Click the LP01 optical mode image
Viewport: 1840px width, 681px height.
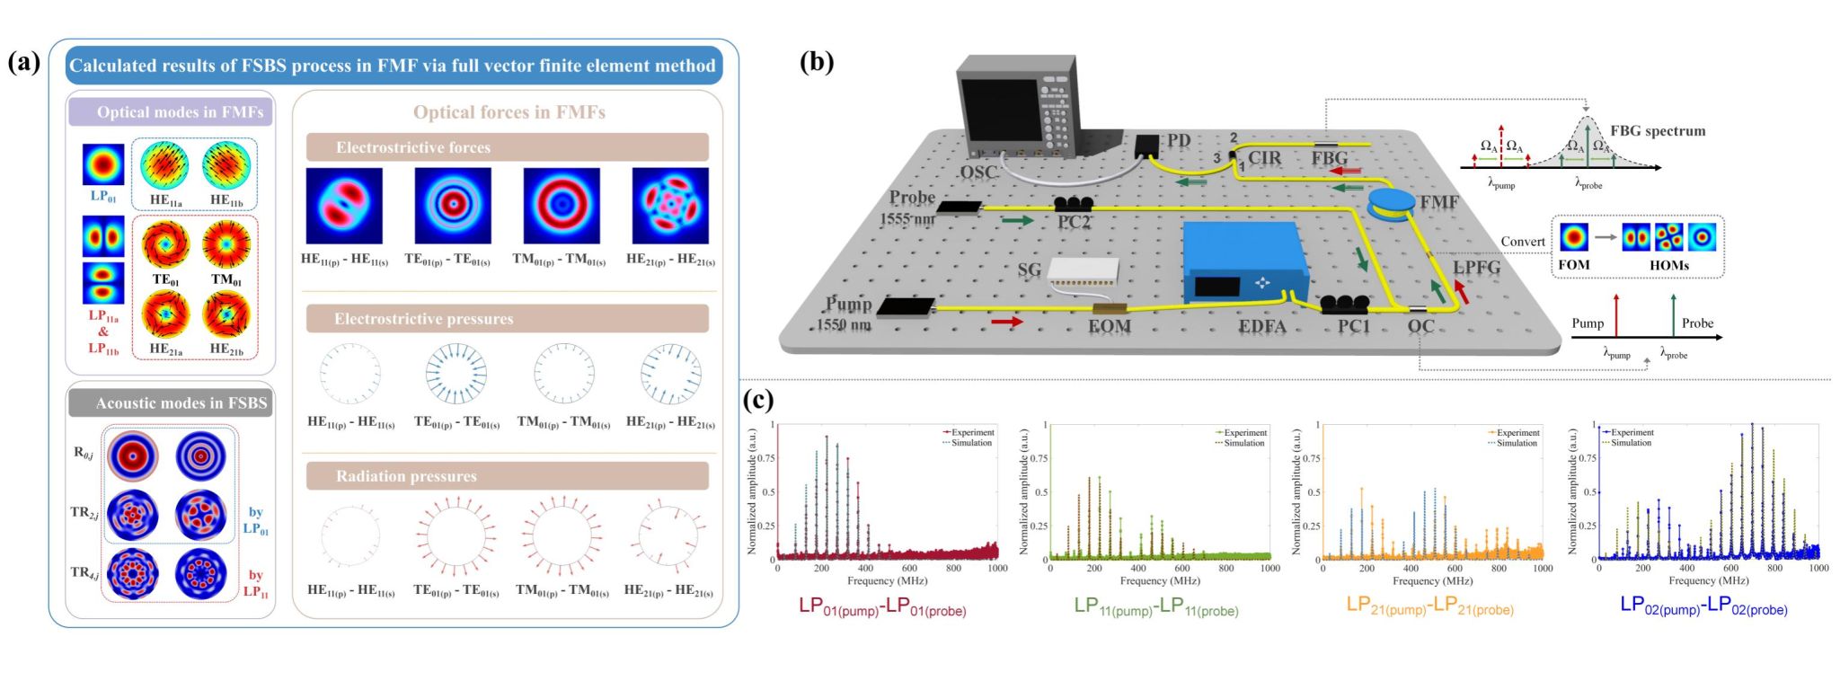pyautogui.click(x=103, y=164)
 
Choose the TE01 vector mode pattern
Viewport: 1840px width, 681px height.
pyautogui.click(x=165, y=243)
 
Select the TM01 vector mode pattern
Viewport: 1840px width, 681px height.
pyautogui.click(x=226, y=243)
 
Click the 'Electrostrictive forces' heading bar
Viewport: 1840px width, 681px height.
pyautogui.click(x=507, y=147)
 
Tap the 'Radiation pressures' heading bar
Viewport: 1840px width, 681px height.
pyautogui.click(x=507, y=476)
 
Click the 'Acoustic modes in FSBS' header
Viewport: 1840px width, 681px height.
pyautogui.click(x=171, y=403)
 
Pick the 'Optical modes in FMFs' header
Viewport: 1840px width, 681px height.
pyautogui.click(x=171, y=112)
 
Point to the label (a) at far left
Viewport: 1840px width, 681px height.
pyautogui.click(x=24, y=62)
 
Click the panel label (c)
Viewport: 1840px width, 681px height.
pyautogui.click(x=759, y=400)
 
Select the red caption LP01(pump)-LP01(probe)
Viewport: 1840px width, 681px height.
pyautogui.click(x=882, y=607)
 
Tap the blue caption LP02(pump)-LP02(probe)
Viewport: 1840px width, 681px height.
pyautogui.click(x=1703, y=606)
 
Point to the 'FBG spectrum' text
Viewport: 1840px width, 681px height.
pyautogui.click(x=1657, y=131)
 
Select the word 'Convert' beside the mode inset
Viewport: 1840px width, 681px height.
pyautogui.click(x=1523, y=242)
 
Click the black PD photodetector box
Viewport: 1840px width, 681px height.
pyautogui.click(x=1148, y=146)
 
